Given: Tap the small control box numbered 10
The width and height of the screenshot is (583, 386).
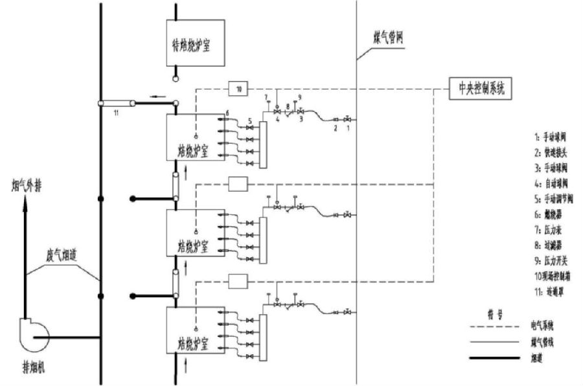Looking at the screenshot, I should (238, 89).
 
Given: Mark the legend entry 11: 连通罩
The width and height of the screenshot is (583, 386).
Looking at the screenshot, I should (548, 291).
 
